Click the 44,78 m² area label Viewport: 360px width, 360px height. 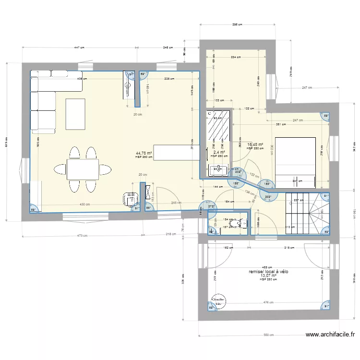(x=144, y=154)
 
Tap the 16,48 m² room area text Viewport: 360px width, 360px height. (x=255, y=144)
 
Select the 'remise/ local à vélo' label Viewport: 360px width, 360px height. (x=268, y=272)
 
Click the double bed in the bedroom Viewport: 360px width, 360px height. (x=295, y=162)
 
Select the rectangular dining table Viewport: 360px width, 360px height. (x=83, y=169)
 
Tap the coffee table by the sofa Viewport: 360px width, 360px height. (x=75, y=114)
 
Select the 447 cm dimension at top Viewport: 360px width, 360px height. (x=79, y=48)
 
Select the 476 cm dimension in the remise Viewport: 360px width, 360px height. (x=269, y=302)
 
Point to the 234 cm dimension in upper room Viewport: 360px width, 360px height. (x=236, y=57)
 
